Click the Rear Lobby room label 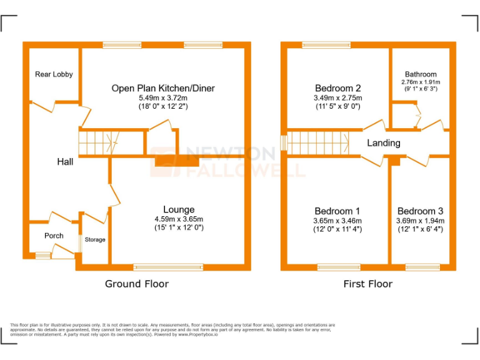click(54, 74)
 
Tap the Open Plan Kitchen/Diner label click(162, 88)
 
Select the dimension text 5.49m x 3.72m click(162, 98)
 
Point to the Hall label click(65, 162)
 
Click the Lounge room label click(179, 209)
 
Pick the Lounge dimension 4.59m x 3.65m click(179, 219)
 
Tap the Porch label click(54, 236)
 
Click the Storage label click(95, 239)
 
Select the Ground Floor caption click(136, 284)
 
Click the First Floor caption click(367, 284)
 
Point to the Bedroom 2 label click(337, 88)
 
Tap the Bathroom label click(421, 74)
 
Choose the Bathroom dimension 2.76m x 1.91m click(421, 82)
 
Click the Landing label click(383, 143)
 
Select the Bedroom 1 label click(337, 211)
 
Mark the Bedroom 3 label click(420, 211)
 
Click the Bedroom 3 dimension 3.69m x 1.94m click(420, 221)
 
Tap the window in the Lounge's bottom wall click(168, 267)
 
